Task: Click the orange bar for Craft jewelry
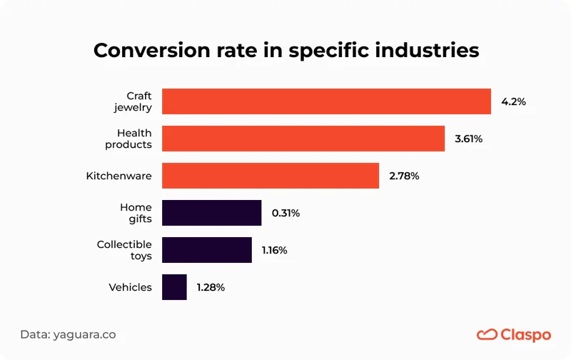pyautogui.click(x=326, y=101)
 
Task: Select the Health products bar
pyautogui.click(x=303, y=139)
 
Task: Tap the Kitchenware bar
pyautogui.click(x=271, y=176)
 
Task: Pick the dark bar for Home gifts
pyautogui.click(x=212, y=213)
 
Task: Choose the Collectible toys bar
pyautogui.click(x=207, y=250)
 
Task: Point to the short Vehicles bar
pyautogui.click(x=174, y=287)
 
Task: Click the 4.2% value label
pyautogui.click(x=513, y=102)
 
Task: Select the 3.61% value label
pyautogui.click(x=468, y=139)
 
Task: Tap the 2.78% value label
pyautogui.click(x=404, y=176)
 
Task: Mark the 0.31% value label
pyautogui.click(x=285, y=214)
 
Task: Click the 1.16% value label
pyautogui.click(x=276, y=251)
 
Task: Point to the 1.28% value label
pyautogui.click(x=211, y=288)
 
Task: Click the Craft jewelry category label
pyautogui.click(x=133, y=101)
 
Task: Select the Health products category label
pyautogui.click(x=128, y=139)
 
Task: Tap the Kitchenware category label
pyautogui.click(x=118, y=176)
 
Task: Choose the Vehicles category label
pyautogui.click(x=130, y=287)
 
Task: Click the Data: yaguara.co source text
pyautogui.click(x=68, y=334)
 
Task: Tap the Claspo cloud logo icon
pyautogui.click(x=487, y=334)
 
